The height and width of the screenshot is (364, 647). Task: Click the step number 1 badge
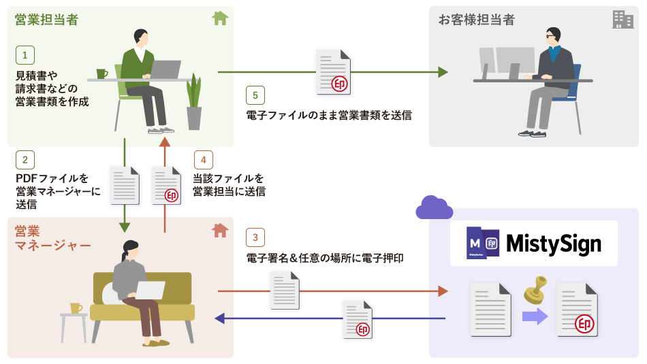(25, 54)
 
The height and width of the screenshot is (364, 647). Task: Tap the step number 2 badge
(25, 160)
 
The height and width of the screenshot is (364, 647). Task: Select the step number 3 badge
(255, 237)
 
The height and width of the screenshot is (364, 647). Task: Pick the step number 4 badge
(203, 160)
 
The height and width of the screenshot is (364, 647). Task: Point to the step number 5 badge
(255, 95)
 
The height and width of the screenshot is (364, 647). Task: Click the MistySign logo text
(554, 244)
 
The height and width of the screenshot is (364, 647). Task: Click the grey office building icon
(622, 19)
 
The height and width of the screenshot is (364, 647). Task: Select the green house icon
(219, 18)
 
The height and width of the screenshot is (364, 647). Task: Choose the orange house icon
(219, 231)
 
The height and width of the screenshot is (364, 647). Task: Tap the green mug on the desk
(101, 73)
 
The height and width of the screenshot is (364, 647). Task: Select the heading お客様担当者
(476, 20)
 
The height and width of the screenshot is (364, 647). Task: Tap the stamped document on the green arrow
(334, 72)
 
